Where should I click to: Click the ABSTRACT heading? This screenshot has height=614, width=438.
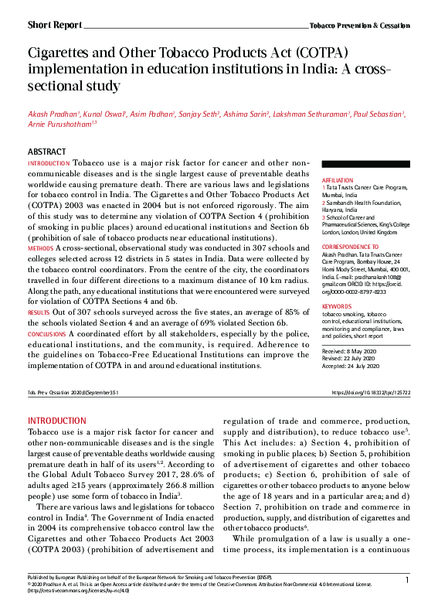(47, 152)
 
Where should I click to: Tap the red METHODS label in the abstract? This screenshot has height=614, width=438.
(41, 248)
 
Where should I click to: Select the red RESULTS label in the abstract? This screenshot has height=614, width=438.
(39, 312)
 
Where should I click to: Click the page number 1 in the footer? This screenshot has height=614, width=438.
(406, 601)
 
